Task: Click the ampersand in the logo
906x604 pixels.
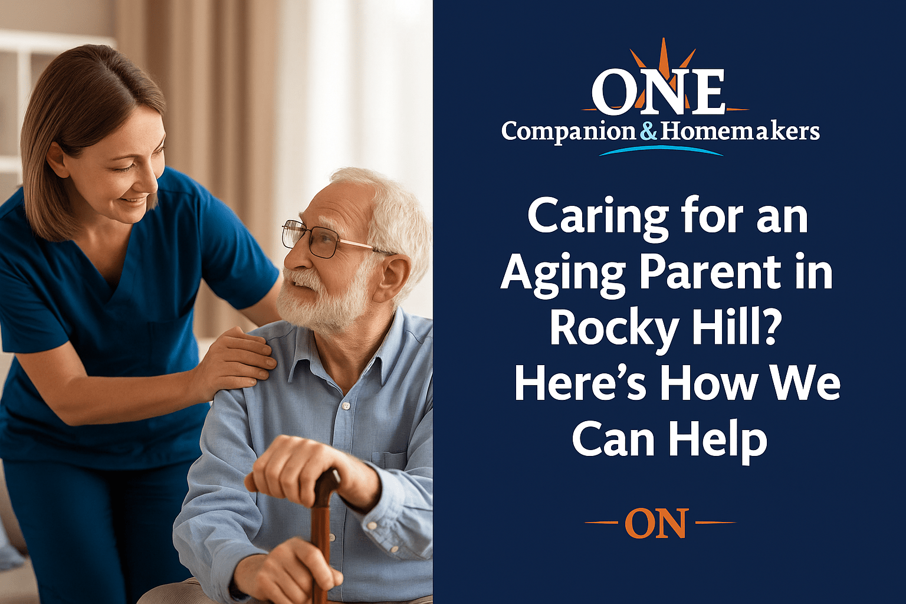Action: [x=648, y=132]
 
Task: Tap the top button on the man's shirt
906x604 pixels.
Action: [x=345, y=405]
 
